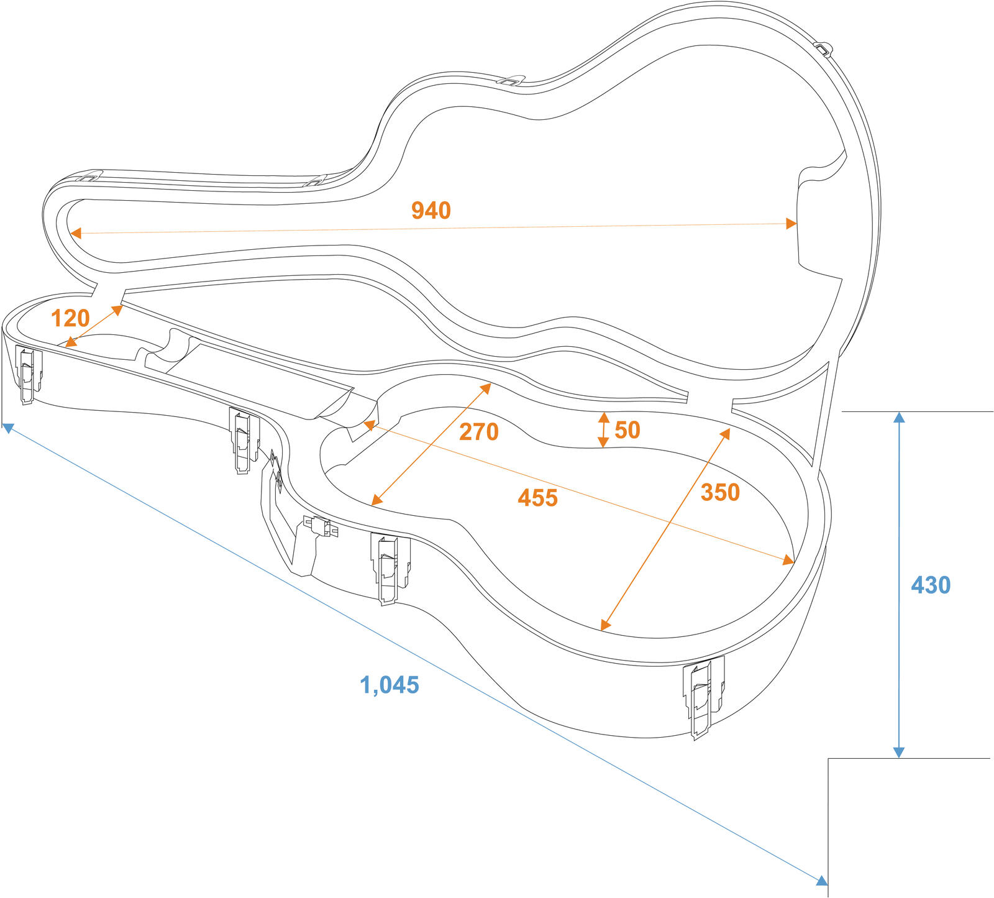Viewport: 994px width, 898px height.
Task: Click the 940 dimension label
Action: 431,211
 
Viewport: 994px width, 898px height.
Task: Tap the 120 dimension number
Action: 70,318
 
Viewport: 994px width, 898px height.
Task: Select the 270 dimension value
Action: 478,431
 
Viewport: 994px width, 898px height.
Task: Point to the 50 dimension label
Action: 627,430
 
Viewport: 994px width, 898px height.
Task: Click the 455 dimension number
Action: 537,498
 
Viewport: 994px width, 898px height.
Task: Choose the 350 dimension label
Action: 720,492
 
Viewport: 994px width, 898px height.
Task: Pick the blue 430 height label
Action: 930,585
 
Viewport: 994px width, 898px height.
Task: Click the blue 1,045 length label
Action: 390,685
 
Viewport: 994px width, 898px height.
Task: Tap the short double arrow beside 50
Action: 603,429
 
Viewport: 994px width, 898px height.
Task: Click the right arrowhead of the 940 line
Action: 791,224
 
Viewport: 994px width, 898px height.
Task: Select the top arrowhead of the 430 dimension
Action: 898,417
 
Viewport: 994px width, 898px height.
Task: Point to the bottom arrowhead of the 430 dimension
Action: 898,753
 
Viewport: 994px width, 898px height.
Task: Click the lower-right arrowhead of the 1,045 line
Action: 821,881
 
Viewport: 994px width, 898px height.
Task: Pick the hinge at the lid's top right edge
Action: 823,48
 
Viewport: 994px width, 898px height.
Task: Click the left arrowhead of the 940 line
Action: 76,233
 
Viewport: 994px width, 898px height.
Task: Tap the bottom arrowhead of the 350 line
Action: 605,625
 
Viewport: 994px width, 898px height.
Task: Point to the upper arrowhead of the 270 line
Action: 486,388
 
